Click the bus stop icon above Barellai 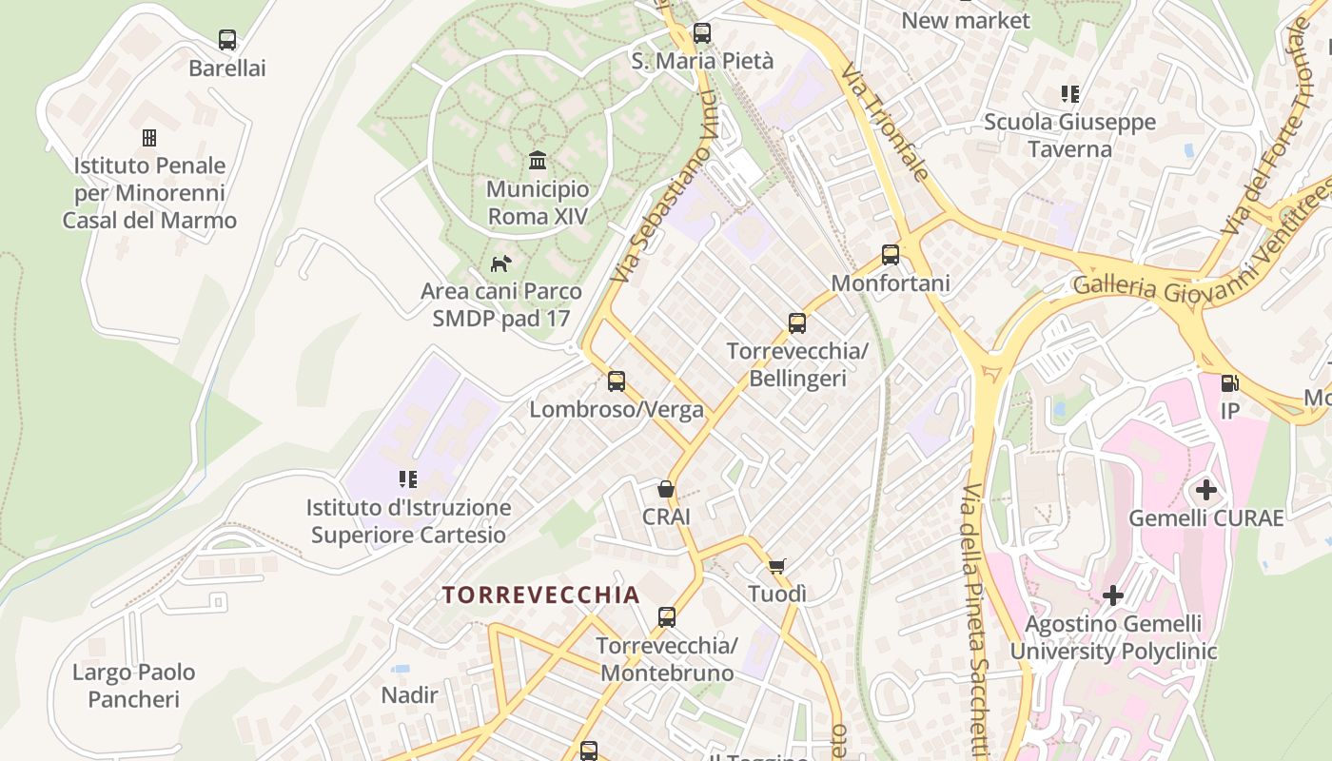coord(226,40)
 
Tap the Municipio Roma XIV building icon coord(538,160)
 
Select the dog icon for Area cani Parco coord(500,263)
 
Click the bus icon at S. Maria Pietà coord(702,32)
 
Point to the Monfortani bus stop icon coord(891,255)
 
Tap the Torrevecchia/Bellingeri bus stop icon coord(797,323)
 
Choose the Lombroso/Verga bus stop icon coord(617,381)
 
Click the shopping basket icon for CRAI coord(666,489)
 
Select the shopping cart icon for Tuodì coord(776,566)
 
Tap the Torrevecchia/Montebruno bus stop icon coord(667,617)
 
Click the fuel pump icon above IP coord(1229,382)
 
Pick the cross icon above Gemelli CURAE coord(1206,491)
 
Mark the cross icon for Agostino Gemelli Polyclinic coord(1113,596)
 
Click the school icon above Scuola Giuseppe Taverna coord(1070,94)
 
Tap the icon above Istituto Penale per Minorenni coord(149,138)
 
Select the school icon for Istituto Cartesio coord(408,479)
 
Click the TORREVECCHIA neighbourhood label coord(540,595)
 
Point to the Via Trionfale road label coord(884,125)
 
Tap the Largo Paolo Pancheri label coord(134,686)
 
